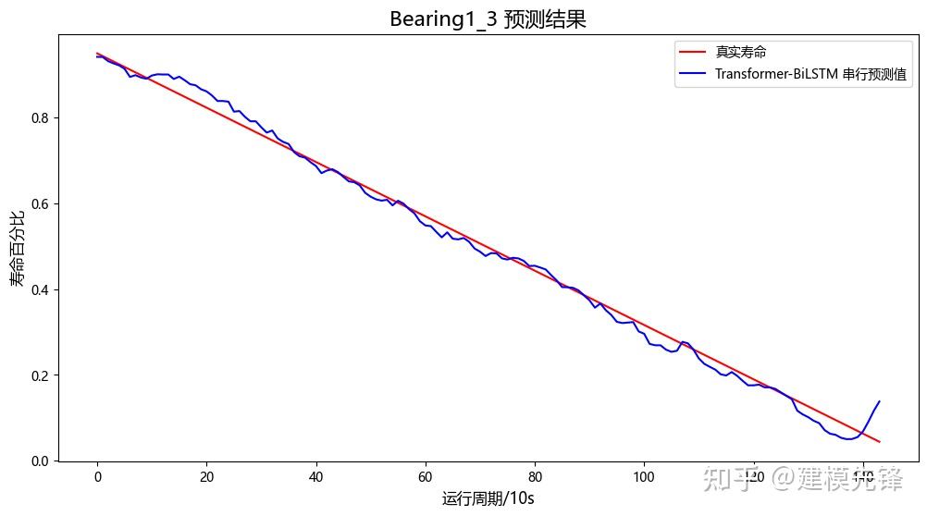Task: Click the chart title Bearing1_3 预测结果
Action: tap(488, 19)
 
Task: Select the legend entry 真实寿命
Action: tap(740, 53)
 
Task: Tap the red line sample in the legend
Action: tap(694, 53)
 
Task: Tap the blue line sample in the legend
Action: tap(694, 75)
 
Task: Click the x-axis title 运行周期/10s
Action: tap(488, 498)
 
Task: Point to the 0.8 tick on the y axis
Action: tap(42, 118)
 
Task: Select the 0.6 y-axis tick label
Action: tap(42, 204)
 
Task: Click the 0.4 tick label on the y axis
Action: tap(42, 289)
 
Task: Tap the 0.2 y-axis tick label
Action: tap(42, 375)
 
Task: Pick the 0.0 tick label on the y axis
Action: tap(42, 461)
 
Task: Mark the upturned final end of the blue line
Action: tap(879, 401)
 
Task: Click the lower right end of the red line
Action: tap(879, 442)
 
